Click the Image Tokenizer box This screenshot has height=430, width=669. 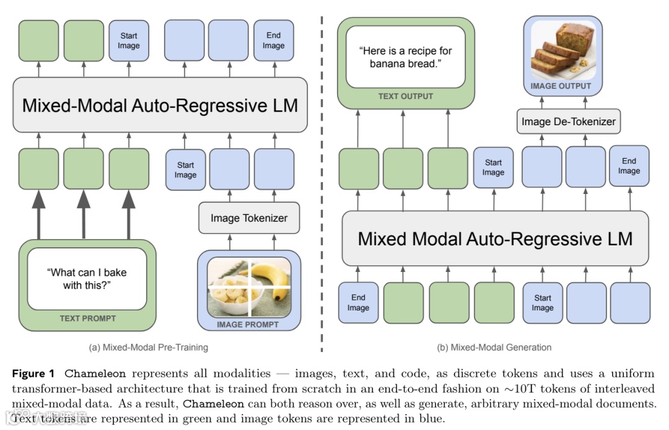click(249, 217)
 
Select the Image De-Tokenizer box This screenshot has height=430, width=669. click(568, 121)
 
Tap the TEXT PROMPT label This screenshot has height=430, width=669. click(87, 318)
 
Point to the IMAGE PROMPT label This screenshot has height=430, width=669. click(248, 324)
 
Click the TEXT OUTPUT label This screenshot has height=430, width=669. click(406, 96)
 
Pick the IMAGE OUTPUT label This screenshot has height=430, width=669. click(561, 86)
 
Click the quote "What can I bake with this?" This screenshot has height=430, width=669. click(87, 278)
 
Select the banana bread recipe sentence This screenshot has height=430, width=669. click(406, 57)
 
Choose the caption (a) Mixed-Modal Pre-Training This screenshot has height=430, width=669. click(149, 347)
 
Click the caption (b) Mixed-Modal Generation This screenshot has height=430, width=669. click(494, 347)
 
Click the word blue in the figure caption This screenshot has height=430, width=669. click(432, 418)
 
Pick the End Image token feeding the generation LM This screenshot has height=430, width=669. click(358, 302)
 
